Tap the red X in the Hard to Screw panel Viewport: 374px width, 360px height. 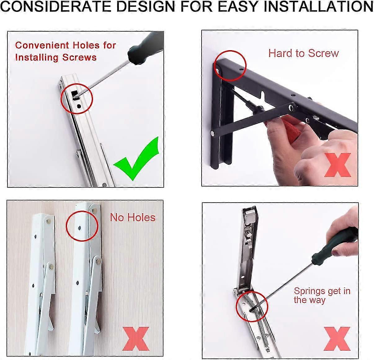[x=337, y=165]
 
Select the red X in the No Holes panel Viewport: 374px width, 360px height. [x=136, y=338]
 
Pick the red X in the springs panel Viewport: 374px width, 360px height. [x=337, y=338]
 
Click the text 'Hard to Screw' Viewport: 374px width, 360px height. [x=304, y=53]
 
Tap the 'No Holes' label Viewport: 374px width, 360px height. [x=132, y=217]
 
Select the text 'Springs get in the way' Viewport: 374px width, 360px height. [x=322, y=295]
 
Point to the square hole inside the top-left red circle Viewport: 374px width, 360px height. [x=74, y=94]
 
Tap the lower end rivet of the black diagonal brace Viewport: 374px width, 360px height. [x=213, y=133]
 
